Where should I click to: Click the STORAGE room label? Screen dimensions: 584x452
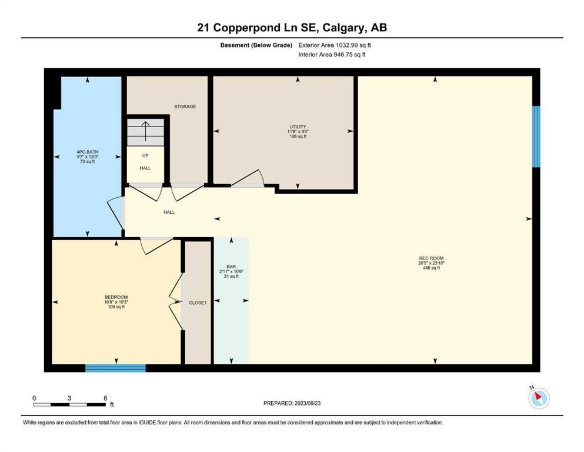tap(185, 107)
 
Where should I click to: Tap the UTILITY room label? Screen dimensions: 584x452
tap(298, 127)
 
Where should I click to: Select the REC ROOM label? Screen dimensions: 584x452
tap(431, 258)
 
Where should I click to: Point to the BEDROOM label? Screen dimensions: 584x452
tap(116, 297)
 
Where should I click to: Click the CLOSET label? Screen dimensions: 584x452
tap(198, 303)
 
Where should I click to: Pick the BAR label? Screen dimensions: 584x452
tap(231, 267)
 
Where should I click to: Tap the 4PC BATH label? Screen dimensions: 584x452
tap(88, 152)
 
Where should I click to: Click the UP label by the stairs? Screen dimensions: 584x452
tap(145, 156)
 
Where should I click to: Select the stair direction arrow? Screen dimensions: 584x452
tap(145, 131)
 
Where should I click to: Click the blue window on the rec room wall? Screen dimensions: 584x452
tap(536, 137)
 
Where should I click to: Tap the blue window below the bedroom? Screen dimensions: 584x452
tap(115, 368)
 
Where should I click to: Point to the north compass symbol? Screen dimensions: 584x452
tap(539, 398)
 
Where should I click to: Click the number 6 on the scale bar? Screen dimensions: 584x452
tap(105, 398)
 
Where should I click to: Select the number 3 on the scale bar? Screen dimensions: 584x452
tap(69, 398)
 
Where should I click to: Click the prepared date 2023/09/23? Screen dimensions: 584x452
tap(307, 403)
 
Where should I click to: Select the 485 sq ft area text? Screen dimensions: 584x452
tap(431, 268)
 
